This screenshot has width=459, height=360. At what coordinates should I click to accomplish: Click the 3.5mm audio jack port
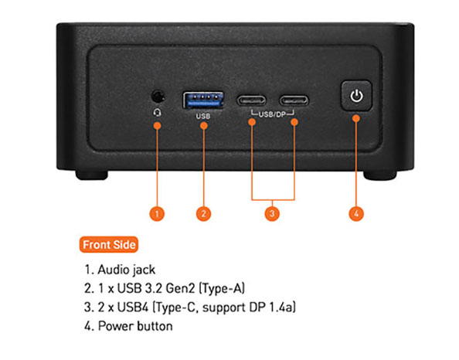158,97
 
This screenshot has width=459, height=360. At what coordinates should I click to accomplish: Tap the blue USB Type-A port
203,100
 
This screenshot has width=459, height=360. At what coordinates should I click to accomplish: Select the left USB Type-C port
251,100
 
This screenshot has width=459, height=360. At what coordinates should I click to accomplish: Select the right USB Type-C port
294,100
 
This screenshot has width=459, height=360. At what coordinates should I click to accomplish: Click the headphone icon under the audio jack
158,113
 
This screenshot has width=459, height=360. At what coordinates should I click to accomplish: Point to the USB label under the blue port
203,116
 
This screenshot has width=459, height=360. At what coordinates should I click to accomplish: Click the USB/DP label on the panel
272,114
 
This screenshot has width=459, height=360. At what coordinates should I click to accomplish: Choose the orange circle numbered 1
157,214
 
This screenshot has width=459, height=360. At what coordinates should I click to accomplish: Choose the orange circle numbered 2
203,214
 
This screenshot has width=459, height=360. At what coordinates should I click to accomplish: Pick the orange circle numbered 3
272,214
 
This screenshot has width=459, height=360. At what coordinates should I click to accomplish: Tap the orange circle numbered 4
356,214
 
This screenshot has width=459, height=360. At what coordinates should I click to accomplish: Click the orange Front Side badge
109,245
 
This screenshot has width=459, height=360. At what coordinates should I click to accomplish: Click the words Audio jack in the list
127,270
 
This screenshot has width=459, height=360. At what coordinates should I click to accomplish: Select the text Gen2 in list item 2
180,288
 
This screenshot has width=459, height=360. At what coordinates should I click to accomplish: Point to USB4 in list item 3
133,307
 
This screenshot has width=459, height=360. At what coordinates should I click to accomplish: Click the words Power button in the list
135,326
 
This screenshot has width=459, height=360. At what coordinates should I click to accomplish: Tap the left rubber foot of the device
92,175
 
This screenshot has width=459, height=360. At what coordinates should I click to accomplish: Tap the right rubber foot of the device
380,175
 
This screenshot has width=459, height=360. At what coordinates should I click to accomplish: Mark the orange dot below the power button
356,118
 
